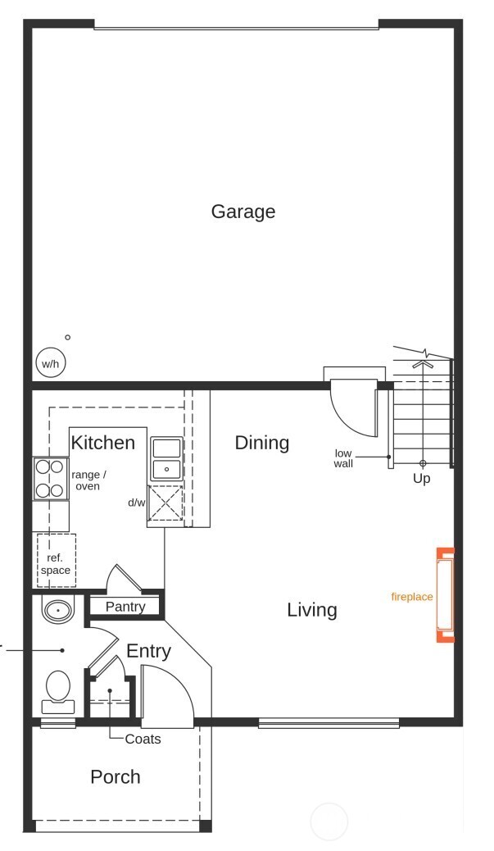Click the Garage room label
(242, 212)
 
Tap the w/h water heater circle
(51, 363)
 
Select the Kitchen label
(102, 443)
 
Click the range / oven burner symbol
(50, 479)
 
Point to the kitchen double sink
(166, 458)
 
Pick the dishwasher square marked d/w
(165, 503)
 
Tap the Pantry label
(125, 607)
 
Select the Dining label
(262, 443)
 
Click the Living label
(312, 610)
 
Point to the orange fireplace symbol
(445, 594)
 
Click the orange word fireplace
(411, 597)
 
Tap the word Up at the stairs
(422, 478)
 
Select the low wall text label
(344, 458)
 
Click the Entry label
(148, 651)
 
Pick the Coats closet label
(143, 739)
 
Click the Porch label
(116, 776)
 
